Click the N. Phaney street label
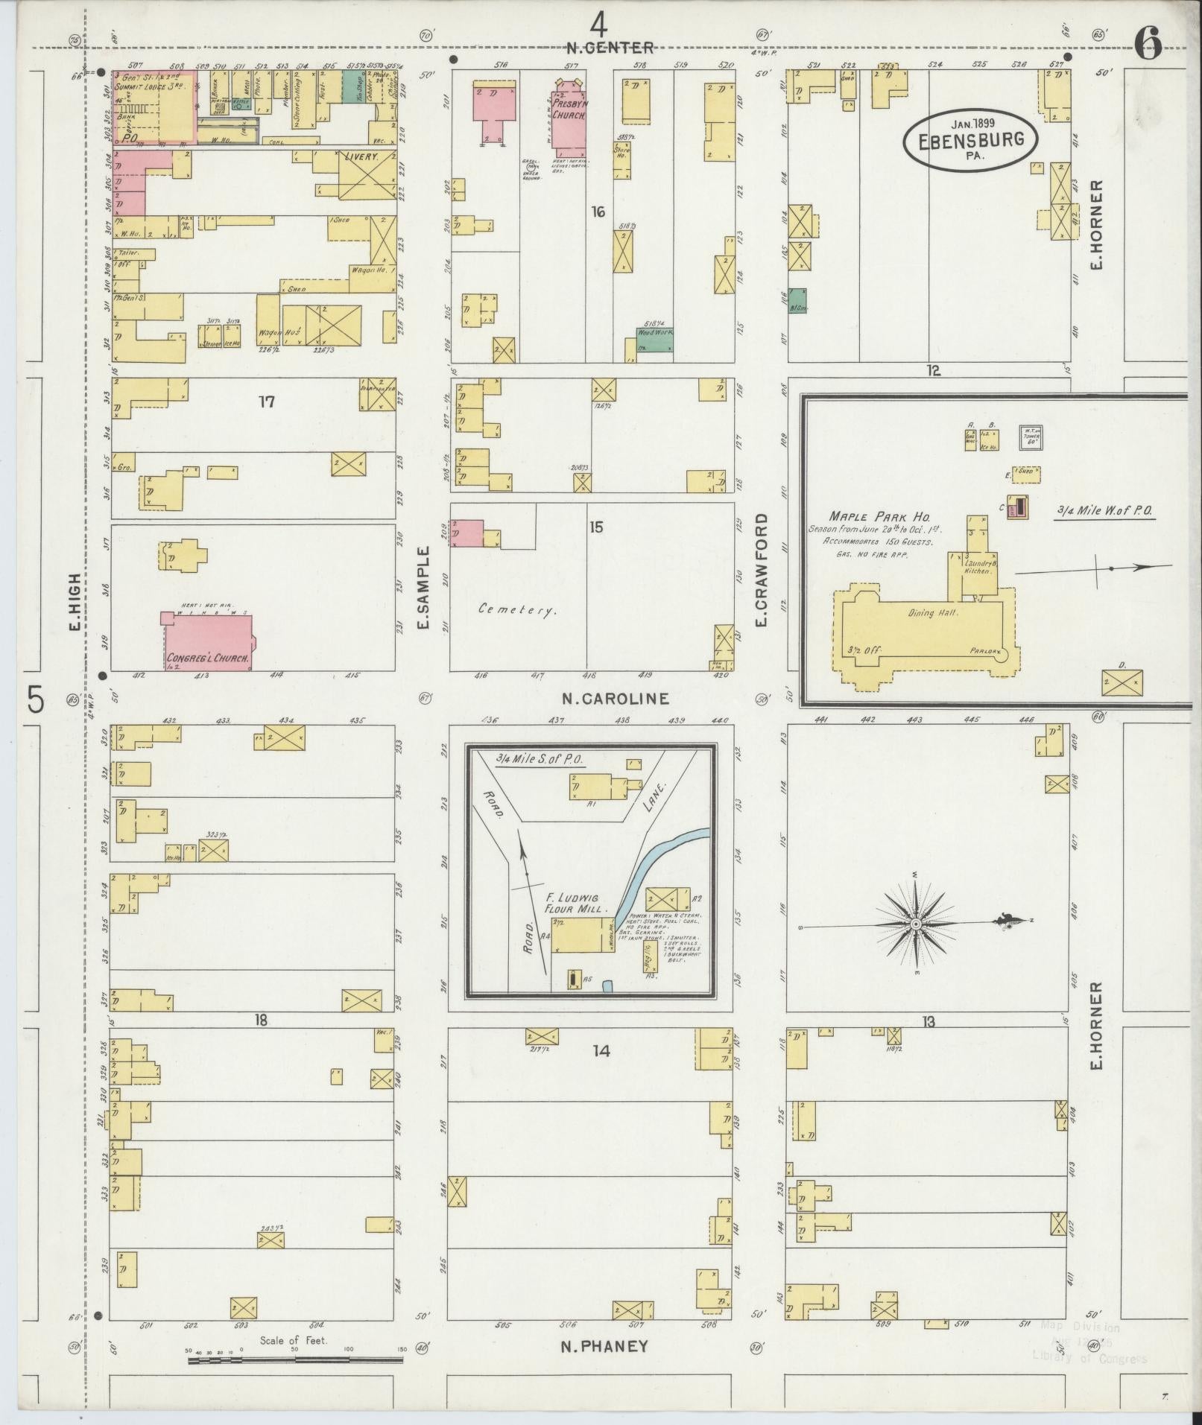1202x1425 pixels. point(604,1346)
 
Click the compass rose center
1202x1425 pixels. point(915,924)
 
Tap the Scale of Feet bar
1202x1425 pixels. point(295,1359)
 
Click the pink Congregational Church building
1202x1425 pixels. point(208,641)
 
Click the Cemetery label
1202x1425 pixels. point(518,610)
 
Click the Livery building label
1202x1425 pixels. point(361,157)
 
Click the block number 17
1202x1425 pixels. point(267,402)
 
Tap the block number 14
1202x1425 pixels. point(601,1050)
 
